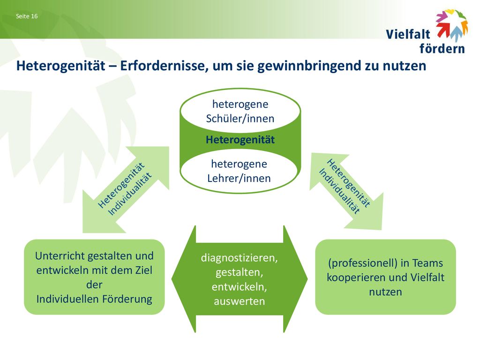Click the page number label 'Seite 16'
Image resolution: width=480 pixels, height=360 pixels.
tap(27, 16)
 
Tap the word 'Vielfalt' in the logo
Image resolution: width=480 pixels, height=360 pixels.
tap(408, 34)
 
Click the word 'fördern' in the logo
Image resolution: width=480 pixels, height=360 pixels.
tap(442, 48)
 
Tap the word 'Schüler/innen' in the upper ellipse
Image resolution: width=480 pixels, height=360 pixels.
tap(240, 119)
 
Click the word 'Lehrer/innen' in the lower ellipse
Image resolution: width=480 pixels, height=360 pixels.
tap(239, 178)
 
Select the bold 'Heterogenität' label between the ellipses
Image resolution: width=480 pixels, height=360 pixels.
tap(240, 140)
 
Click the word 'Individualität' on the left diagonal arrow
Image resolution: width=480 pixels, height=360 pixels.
tap(130, 194)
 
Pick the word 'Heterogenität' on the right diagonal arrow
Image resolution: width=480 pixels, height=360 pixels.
tap(349, 183)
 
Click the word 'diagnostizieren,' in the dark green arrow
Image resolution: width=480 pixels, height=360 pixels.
tap(240, 258)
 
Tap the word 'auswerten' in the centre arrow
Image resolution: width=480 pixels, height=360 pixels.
tap(240, 301)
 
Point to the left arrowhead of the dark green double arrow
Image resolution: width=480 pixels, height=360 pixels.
tap(184, 279)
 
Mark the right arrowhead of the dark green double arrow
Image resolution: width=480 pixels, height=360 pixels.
tap(295, 279)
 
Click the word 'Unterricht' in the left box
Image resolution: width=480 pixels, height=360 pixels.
tap(60, 256)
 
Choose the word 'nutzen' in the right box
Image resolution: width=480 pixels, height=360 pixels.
tap(385, 292)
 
